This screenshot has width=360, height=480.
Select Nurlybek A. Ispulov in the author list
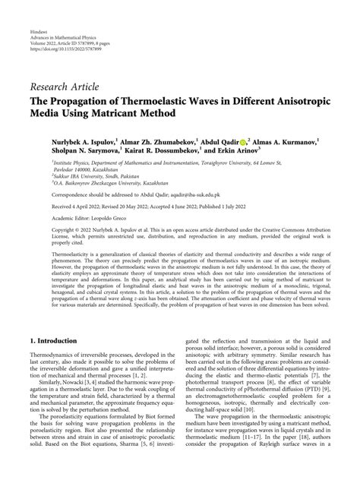click(x=71, y=141)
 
